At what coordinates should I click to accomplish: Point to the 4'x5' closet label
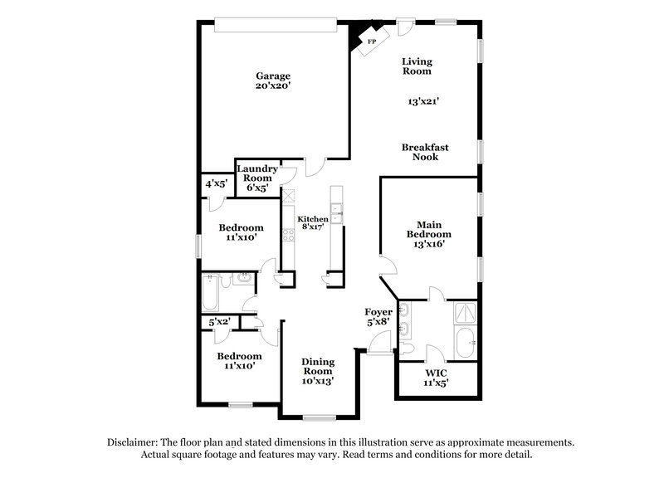pos(216,183)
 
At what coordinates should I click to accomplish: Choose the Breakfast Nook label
pos(425,152)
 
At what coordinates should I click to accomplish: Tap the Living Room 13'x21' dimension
pos(423,101)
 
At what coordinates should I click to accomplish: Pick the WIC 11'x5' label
pos(436,378)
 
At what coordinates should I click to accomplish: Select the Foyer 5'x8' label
pos(378,318)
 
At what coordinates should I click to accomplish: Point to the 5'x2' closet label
pos(218,321)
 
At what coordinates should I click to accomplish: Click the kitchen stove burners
pos(288,233)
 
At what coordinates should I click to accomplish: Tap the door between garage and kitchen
pos(311,166)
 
